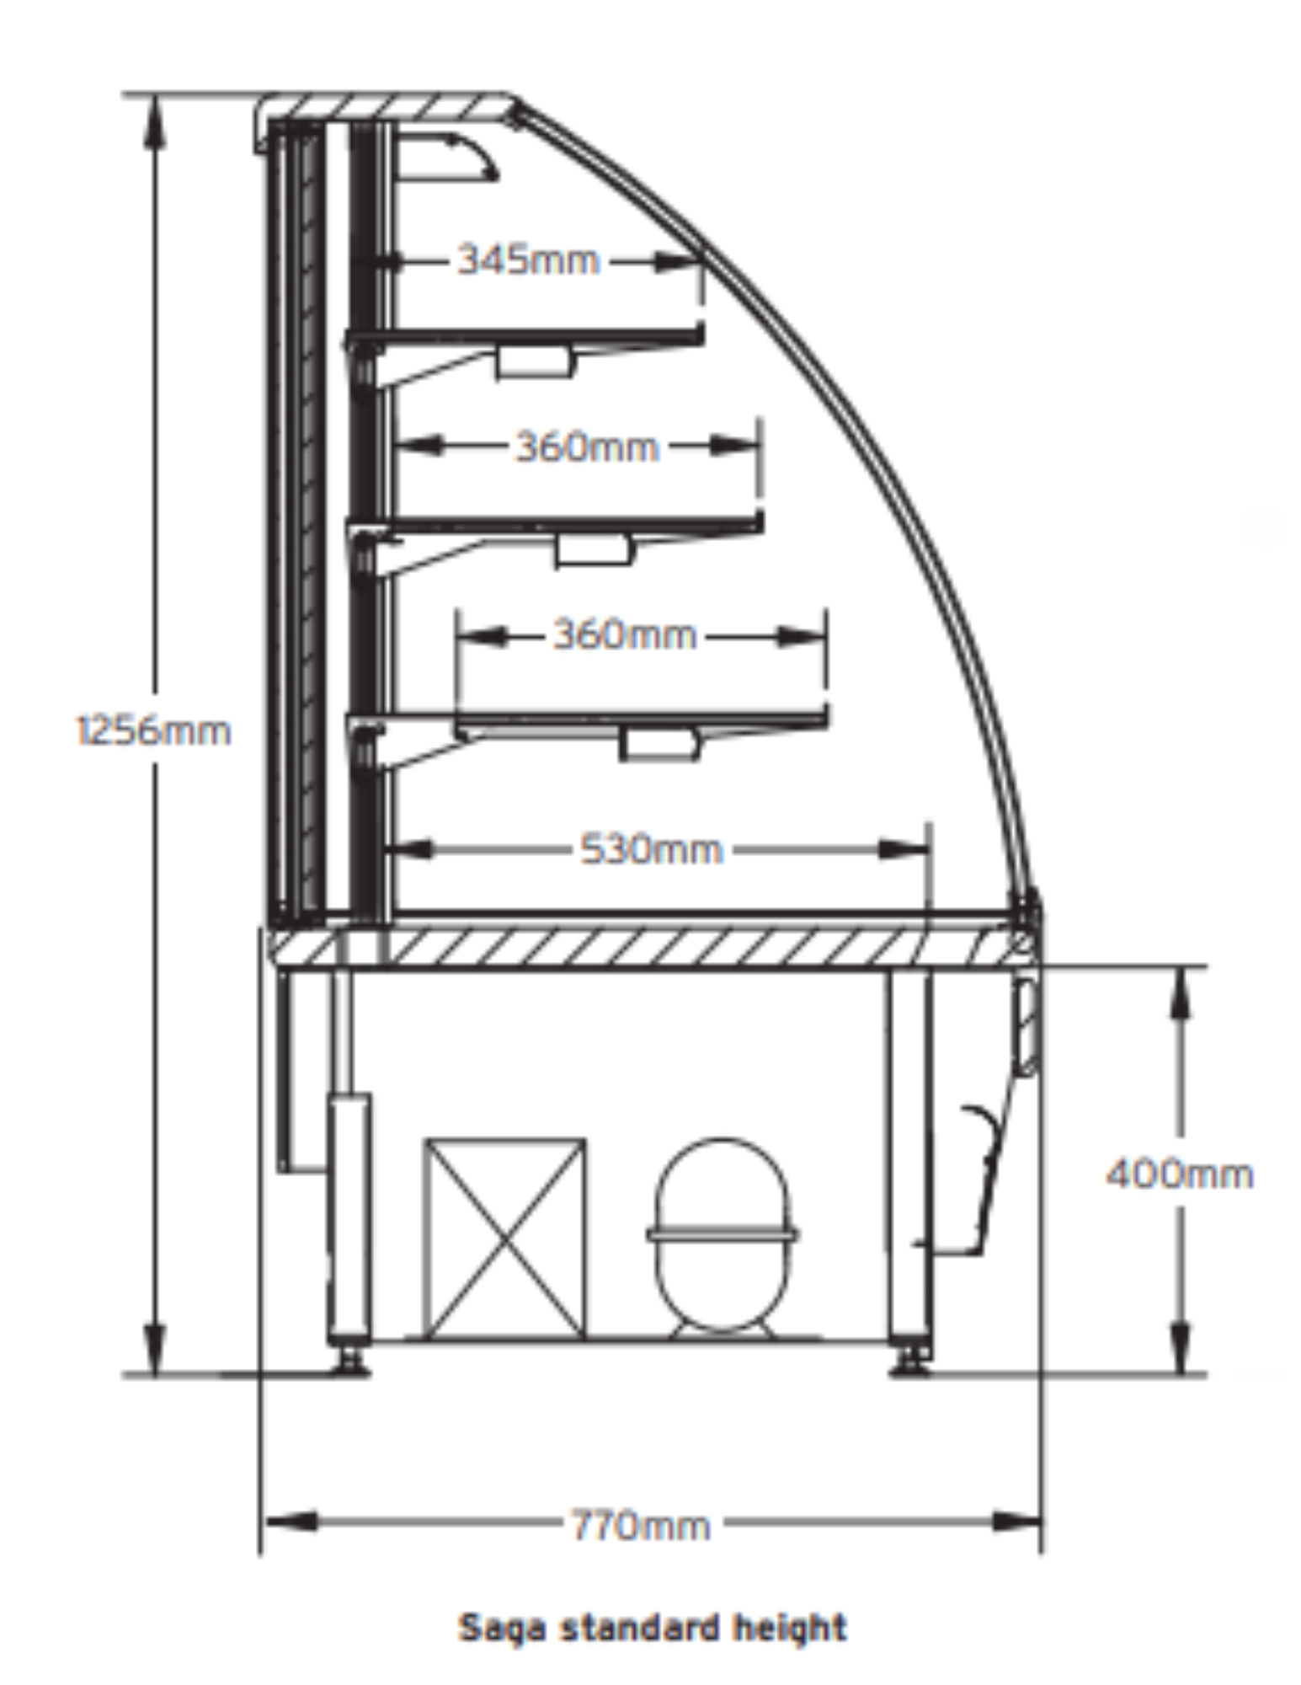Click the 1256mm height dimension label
(x=153, y=730)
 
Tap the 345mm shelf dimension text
(x=528, y=259)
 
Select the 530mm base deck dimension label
(x=651, y=849)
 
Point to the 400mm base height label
(x=1179, y=1174)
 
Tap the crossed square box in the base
(x=504, y=1238)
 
